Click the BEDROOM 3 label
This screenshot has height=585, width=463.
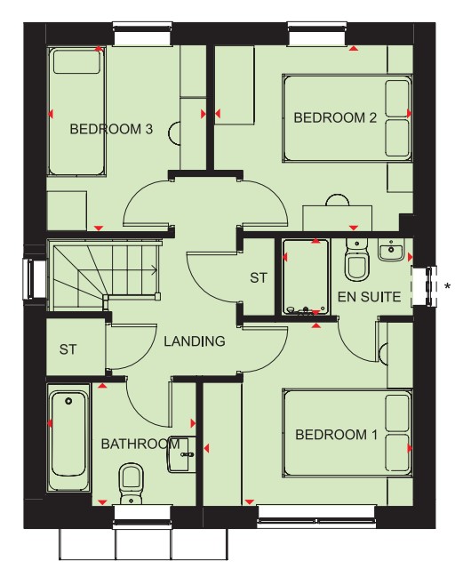point(111,129)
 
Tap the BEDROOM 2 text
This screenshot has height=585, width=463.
point(335,117)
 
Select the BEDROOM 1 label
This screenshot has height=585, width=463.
point(336,435)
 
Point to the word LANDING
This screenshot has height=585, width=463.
point(195,341)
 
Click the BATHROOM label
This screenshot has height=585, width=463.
point(140,444)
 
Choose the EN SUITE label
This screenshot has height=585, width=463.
point(369,297)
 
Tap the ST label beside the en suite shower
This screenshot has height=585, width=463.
point(259,278)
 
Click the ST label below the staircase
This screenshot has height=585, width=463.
point(68,349)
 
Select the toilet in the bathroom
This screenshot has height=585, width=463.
point(131,484)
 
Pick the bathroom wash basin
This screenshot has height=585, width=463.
point(182,453)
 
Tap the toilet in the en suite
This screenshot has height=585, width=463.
point(356,260)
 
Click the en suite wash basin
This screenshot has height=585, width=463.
point(391,249)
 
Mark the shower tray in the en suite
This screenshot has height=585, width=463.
point(306,276)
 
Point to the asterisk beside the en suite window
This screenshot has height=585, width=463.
point(447,286)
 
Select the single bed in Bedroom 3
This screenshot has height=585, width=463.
point(76,111)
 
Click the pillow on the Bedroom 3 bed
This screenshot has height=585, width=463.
point(76,61)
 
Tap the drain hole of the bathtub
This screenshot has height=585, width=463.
point(68,401)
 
